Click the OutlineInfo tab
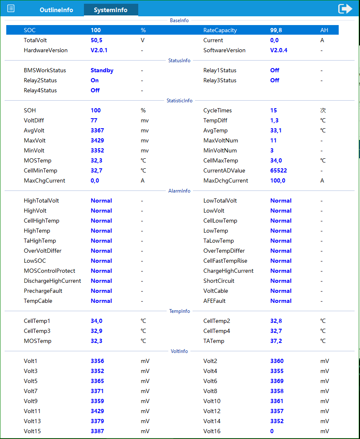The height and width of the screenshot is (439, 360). pyautogui.click(x=56, y=10)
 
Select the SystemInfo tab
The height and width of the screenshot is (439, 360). pyautogui.click(x=111, y=10)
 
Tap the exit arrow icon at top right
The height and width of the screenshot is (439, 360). pyautogui.click(x=345, y=9)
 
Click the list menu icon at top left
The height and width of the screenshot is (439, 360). pyautogui.click(x=11, y=9)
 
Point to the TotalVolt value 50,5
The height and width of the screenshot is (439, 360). pyautogui.click(x=96, y=41)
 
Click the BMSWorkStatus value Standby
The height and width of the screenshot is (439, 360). pyautogui.click(x=102, y=71)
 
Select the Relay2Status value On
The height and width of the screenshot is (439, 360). pyautogui.click(x=95, y=81)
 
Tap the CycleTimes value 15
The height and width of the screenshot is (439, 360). pyautogui.click(x=274, y=111)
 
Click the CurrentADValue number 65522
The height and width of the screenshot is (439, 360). pyautogui.click(x=279, y=171)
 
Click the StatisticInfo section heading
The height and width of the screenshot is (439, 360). pyautogui.click(x=180, y=101)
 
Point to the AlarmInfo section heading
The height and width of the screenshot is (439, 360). pyautogui.click(x=180, y=191)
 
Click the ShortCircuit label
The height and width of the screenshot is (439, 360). pyautogui.click(x=219, y=281)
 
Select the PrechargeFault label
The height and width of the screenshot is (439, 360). pyautogui.click(x=43, y=291)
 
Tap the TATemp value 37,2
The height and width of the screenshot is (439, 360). pyautogui.click(x=276, y=341)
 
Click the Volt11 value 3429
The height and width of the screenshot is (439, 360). pyautogui.click(x=97, y=411)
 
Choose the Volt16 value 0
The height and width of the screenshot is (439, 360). pyautogui.click(x=272, y=431)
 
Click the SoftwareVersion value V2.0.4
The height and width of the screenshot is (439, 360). pyautogui.click(x=279, y=51)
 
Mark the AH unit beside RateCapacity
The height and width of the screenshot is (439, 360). pyautogui.click(x=325, y=30)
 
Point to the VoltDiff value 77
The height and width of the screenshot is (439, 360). pyautogui.click(x=94, y=121)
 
